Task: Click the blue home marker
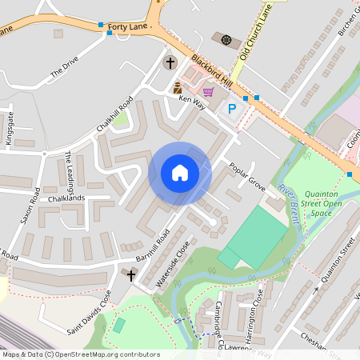click(180, 173)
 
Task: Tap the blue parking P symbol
click(232, 109)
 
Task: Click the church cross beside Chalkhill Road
click(170, 62)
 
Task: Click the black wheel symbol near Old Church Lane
click(226, 39)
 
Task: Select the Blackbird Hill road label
click(211, 72)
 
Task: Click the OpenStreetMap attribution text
click(80, 354)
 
